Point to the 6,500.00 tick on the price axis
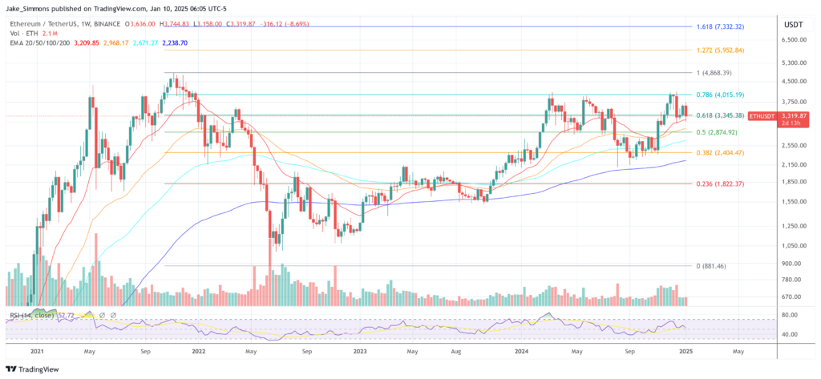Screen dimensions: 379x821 tap(793, 39)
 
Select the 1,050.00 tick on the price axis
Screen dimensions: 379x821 tap(793, 246)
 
